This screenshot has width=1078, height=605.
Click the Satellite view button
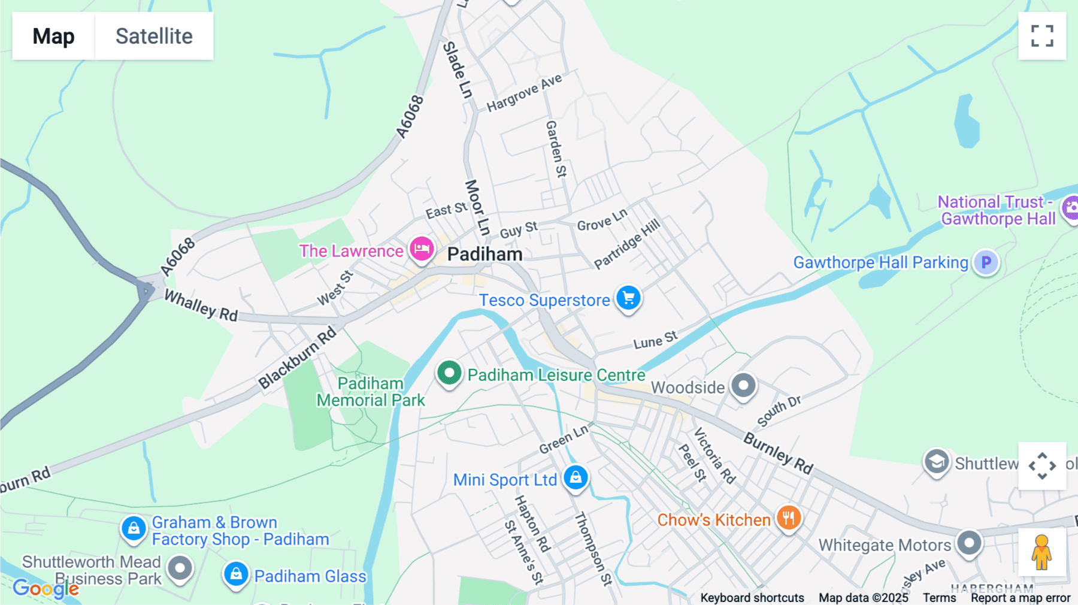[154, 36]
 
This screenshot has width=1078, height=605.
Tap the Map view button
[53, 36]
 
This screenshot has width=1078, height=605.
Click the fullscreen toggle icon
[1042, 36]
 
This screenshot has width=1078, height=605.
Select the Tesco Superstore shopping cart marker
[628, 298]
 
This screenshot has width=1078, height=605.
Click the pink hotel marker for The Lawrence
[422, 249]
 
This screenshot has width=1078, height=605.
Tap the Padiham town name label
[485, 255]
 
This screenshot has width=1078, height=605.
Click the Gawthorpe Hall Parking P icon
[986, 262]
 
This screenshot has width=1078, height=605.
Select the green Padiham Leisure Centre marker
[449, 373]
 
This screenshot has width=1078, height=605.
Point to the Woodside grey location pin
[743, 385]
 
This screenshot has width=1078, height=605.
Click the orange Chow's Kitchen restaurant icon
[789, 518]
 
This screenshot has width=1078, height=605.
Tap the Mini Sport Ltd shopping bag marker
[576, 478]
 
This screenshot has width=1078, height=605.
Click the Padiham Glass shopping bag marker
[236, 574]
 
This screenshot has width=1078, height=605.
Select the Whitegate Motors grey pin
[969, 543]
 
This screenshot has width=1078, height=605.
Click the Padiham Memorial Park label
[371, 392]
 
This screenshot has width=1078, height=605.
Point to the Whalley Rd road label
[201, 305]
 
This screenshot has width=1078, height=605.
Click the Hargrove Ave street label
[524, 93]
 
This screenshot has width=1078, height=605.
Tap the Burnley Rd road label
[778, 453]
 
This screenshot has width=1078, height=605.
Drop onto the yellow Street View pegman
[1041, 552]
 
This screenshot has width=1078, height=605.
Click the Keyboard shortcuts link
[752, 598]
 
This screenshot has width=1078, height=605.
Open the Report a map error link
[1020, 598]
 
